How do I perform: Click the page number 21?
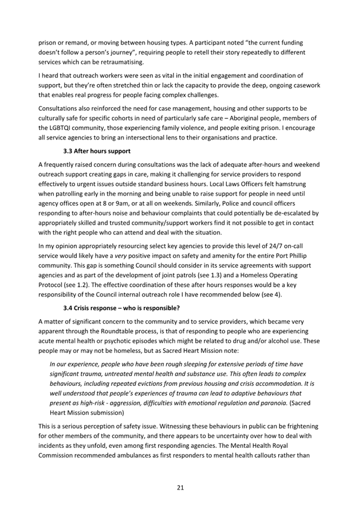[x=180, y=487]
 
